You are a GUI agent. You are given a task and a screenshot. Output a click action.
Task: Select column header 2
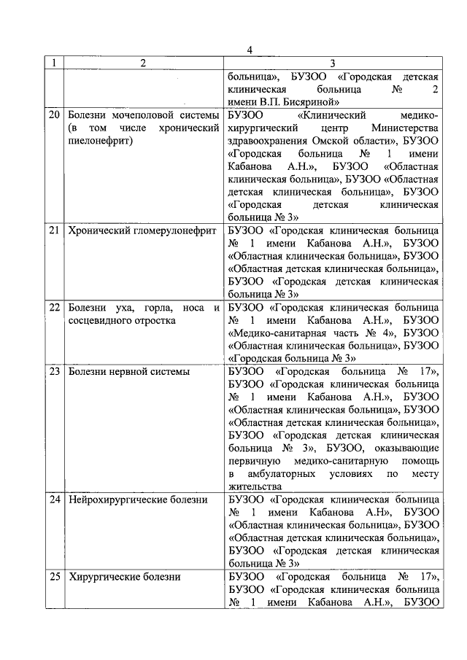(x=143, y=63)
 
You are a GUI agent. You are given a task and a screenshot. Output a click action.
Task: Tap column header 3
(x=333, y=63)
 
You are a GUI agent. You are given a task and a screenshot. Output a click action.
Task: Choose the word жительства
(x=255, y=486)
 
